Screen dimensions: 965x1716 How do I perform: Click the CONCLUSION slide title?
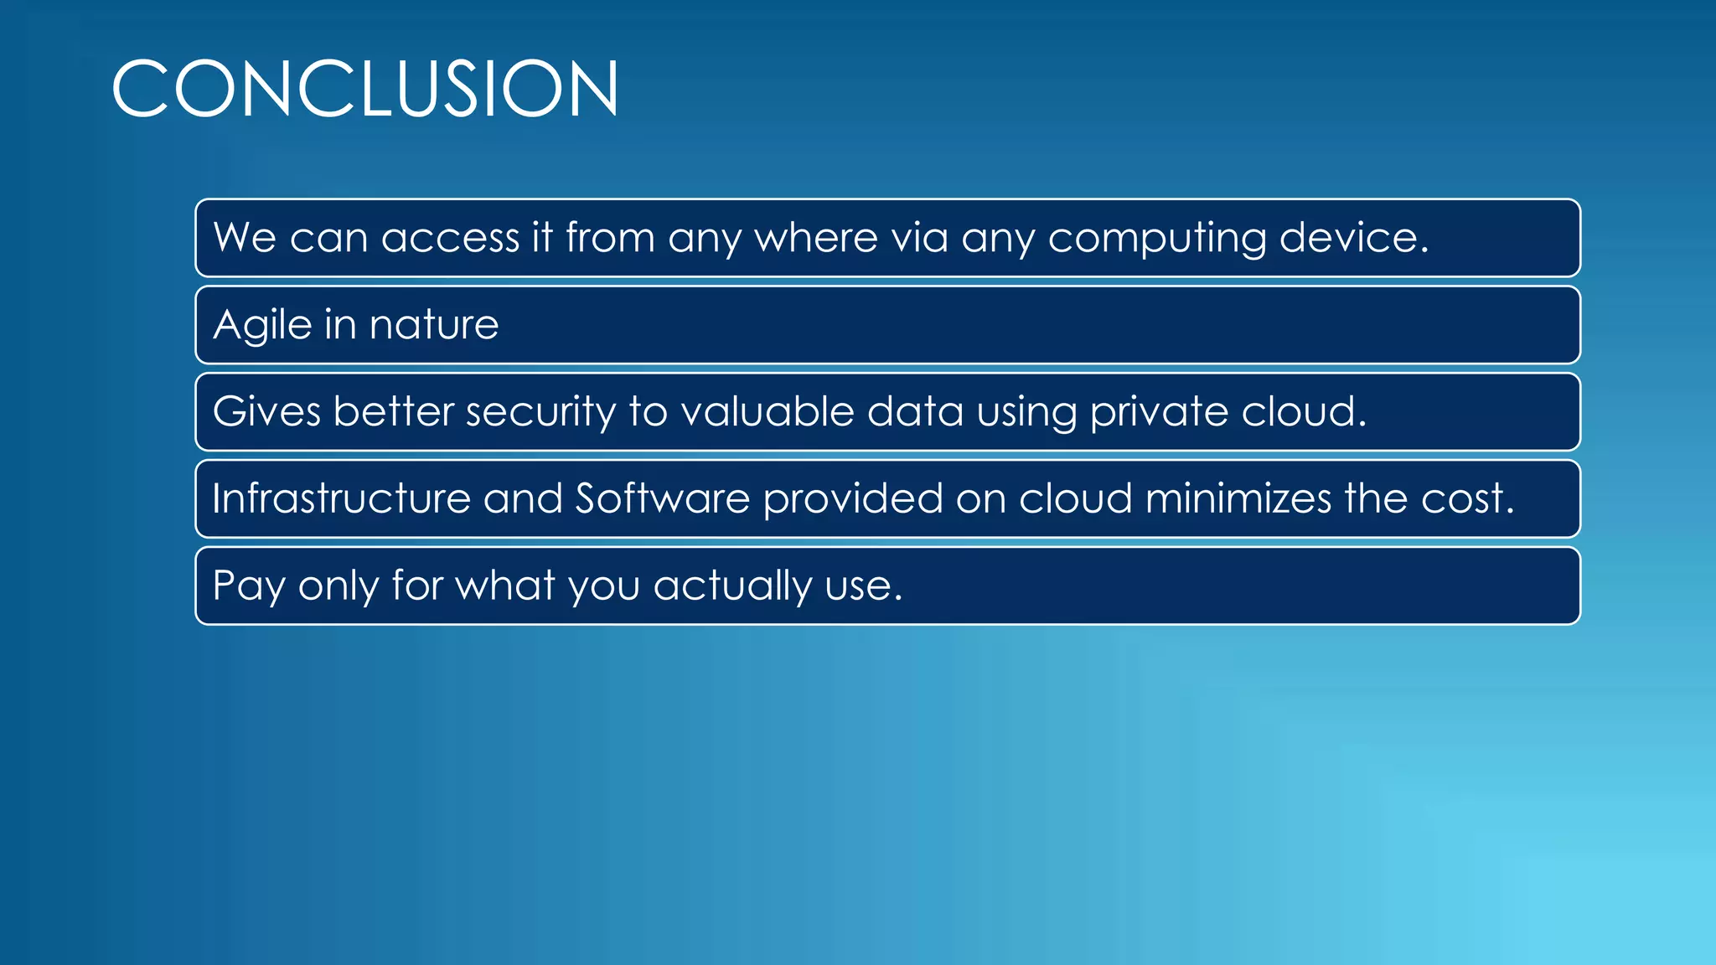[365, 89]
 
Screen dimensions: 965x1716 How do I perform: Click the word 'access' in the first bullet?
[451, 238]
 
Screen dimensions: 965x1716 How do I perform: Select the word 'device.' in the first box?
[1354, 238]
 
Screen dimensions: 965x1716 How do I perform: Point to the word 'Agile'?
[262, 325]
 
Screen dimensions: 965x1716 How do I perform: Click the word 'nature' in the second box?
[434, 325]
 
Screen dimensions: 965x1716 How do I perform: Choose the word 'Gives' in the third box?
[266, 412]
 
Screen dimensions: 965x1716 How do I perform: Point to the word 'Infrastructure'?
[341, 499]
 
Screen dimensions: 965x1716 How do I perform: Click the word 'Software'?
[662, 499]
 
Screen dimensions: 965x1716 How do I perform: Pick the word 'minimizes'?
[1238, 499]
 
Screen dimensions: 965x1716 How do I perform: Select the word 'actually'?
[732, 586]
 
